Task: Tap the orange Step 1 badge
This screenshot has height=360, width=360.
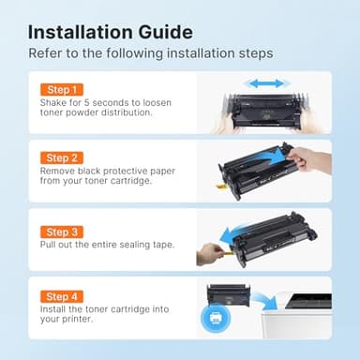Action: (x=62, y=89)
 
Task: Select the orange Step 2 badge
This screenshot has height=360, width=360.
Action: (x=62, y=158)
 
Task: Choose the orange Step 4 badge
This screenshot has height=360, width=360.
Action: (x=62, y=296)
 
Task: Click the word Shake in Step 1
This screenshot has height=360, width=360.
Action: (x=53, y=104)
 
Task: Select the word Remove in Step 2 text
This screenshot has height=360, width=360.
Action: (x=58, y=172)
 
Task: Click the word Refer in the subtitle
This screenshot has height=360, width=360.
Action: (x=47, y=53)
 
